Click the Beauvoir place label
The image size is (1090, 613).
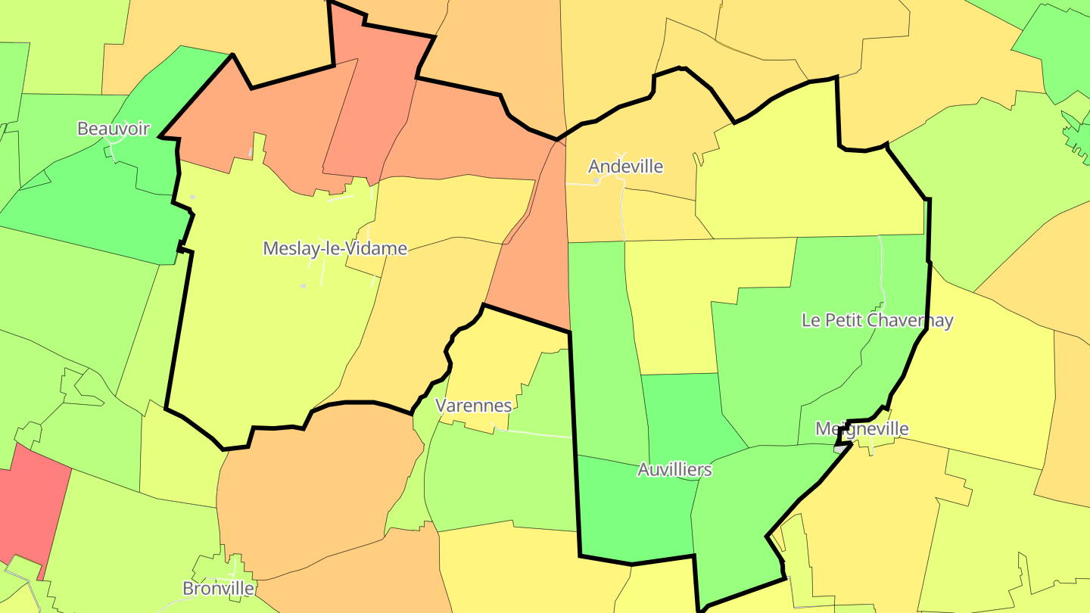114,128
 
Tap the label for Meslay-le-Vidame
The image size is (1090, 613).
335,248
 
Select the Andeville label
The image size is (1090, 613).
625,166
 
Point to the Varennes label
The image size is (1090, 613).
475,406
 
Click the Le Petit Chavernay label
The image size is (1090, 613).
877,320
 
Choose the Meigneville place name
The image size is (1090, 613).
861,429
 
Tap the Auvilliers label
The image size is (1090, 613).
674,470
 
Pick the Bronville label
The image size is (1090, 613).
218,588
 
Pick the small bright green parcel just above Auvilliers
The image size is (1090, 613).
685,412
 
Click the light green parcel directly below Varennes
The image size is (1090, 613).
500,477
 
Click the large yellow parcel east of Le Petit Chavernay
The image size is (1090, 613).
984,378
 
